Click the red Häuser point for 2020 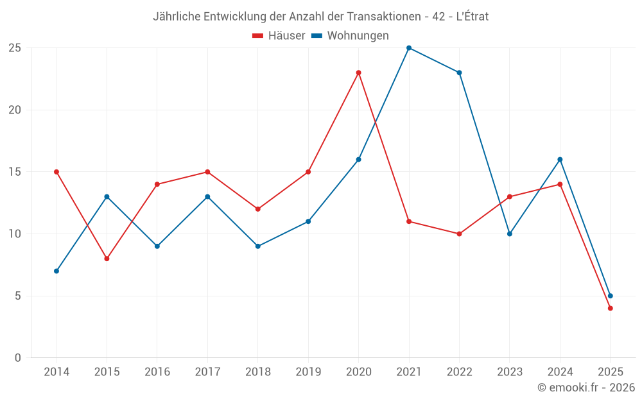(x=358, y=73)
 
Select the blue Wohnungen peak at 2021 (x=409, y=48)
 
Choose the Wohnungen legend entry (x=350, y=36)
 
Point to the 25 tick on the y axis (x=14, y=48)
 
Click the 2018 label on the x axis (x=257, y=372)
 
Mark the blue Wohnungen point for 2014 (x=56, y=271)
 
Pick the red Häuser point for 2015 (x=107, y=259)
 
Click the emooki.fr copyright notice (x=586, y=388)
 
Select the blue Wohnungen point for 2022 (x=459, y=73)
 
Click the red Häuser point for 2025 (x=610, y=308)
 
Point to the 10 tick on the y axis (x=14, y=234)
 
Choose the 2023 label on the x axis (x=509, y=372)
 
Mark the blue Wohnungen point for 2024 (x=560, y=160)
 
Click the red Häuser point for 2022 (x=459, y=234)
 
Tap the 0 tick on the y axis (x=18, y=358)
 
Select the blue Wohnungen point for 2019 (x=308, y=221)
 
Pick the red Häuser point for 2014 (x=56, y=172)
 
